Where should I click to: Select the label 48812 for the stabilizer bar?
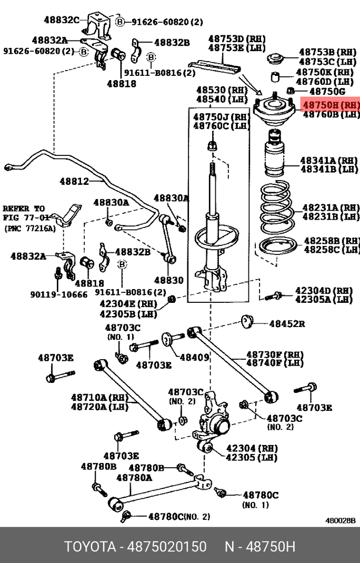pos(74,181)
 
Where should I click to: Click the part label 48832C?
pos(62,19)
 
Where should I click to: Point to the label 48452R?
pos(287,324)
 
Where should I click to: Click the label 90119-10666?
pos(59,294)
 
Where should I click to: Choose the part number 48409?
pos(194,357)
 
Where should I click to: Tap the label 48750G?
pos(327,92)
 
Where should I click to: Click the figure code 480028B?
pos(341,521)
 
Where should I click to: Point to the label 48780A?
pos(134,478)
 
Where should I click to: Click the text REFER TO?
pos(24,209)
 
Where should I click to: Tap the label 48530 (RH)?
pos(221,90)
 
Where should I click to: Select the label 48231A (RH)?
pos(331,208)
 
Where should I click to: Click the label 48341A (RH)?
pos(329,160)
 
